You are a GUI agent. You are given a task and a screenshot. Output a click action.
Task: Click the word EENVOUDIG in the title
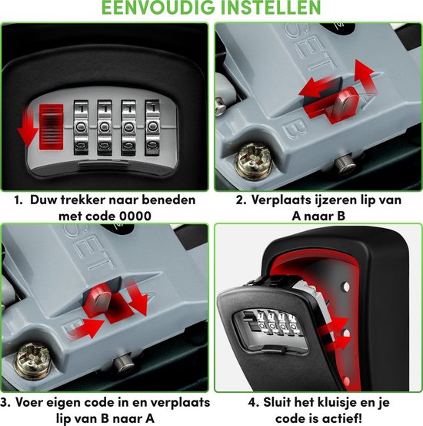158,7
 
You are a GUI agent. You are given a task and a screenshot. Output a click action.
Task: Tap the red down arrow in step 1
27,127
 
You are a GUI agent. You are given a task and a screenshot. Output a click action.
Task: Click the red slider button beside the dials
51,127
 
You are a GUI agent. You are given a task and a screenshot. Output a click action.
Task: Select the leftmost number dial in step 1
81,127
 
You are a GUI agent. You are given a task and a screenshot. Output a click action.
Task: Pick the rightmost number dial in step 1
152,127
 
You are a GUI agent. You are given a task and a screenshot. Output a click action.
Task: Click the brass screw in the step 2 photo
254,161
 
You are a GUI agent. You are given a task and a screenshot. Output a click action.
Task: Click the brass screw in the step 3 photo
33,361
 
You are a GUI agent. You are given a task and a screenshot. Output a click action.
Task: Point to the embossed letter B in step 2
295,129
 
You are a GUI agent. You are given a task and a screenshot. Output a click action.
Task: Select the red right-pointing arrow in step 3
86,327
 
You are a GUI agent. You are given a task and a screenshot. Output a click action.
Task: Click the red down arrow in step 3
137,297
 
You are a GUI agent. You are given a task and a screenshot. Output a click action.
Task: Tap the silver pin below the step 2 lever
343,163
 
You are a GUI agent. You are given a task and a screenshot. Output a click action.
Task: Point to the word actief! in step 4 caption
343,418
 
